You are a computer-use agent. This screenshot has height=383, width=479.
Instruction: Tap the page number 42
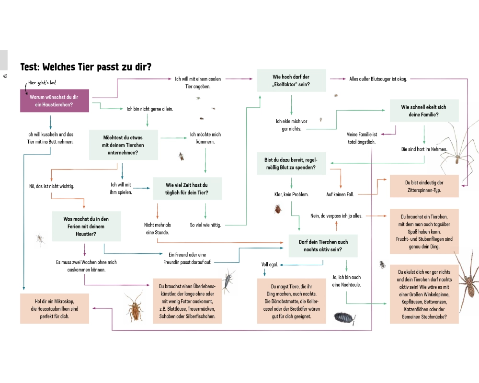[x=5, y=76]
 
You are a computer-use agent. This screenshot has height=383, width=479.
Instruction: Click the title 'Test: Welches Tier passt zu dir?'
[x=86, y=67]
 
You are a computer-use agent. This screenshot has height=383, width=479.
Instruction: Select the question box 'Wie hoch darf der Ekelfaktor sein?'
[x=291, y=80]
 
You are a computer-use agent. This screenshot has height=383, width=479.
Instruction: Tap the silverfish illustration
[x=229, y=280]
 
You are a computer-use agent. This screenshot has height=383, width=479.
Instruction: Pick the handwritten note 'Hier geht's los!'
[x=42, y=82]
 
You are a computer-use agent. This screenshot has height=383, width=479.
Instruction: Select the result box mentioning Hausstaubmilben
[x=54, y=308]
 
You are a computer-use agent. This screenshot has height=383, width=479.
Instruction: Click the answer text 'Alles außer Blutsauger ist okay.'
[x=378, y=79]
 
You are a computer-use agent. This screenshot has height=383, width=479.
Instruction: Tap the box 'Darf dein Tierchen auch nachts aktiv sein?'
[x=323, y=246]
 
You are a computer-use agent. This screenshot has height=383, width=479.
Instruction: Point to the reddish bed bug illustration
[x=277, y=209]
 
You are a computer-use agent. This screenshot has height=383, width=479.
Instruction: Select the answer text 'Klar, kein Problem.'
[x=291, y=194]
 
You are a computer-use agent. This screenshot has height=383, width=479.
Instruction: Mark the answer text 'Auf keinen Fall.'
[x=341, y=194]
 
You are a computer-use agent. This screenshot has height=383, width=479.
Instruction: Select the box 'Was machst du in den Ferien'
[x=86, y=226]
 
